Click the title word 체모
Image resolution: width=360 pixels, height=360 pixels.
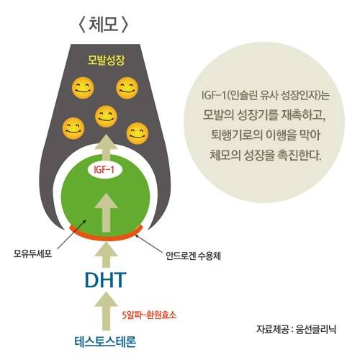pyautogui.click(x=104, y=24)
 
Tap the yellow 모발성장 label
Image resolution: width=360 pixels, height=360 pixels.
pyautogui.click(x=106, y=60)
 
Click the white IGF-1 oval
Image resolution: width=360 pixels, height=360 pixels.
pyautogui.click(x=104, y=170)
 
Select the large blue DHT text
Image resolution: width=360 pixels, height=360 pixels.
pyautogui.click(x=106, y=280)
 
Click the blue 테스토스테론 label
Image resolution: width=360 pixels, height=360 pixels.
pyautogui.click(x=105, y=341)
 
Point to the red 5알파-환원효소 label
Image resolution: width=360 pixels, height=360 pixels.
pyautogui.click(x=149, y=315)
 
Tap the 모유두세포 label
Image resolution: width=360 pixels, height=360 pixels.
pyautogui.click(x=32, y=253)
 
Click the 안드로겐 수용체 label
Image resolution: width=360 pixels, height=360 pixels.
pyautogui.click(x=193, y=256)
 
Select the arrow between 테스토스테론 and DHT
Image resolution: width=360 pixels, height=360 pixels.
pyautogui.click(x=106, y=311)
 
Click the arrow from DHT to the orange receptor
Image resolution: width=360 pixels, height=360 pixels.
pyautogui.click(x=106, y=254)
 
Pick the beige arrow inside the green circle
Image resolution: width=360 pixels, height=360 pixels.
pyautogui.click(x=106, y=212)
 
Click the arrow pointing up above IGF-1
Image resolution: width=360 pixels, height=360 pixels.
pyautogui.click(x=106, y=148)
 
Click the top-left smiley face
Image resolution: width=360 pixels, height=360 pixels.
pyautogui.click(x=83, y=88)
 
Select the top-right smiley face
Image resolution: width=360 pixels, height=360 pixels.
pyautogui.click(x=127, y=88)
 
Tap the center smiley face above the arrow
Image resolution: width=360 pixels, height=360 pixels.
pyautogui.click(x=106, y=117)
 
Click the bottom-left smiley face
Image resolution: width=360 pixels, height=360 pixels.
pyautogui.click(x=73, y=128)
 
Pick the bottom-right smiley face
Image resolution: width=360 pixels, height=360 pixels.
pyautogui.click(x=138, y=133)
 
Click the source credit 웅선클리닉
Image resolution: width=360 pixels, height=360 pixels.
pyautogui.click(x=315, y=329)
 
